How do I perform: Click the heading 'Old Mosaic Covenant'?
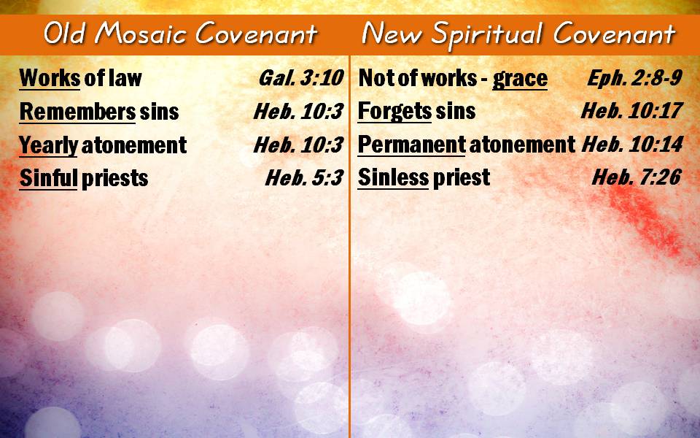[180, 34]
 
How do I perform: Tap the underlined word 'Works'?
[50, 78]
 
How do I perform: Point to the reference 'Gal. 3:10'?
[301, 78]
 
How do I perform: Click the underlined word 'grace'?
[520, 80]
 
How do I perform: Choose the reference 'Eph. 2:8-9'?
[635, 78]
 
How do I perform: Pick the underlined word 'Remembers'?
[78, 111]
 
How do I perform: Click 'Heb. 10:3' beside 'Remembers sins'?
[299, 111]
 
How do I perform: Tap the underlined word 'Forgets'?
[394, 111]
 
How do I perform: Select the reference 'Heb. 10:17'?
[632, 110]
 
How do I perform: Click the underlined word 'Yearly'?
[49, 146]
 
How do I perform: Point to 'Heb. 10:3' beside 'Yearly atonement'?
[299, 145]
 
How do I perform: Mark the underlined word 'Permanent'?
[411, 145]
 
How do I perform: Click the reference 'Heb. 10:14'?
[633, 144]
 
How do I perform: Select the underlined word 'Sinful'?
[48, 178]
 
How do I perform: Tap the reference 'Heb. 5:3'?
[305, 178]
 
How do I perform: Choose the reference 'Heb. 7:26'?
[637, 177]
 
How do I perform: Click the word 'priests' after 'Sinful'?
[114, 179]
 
